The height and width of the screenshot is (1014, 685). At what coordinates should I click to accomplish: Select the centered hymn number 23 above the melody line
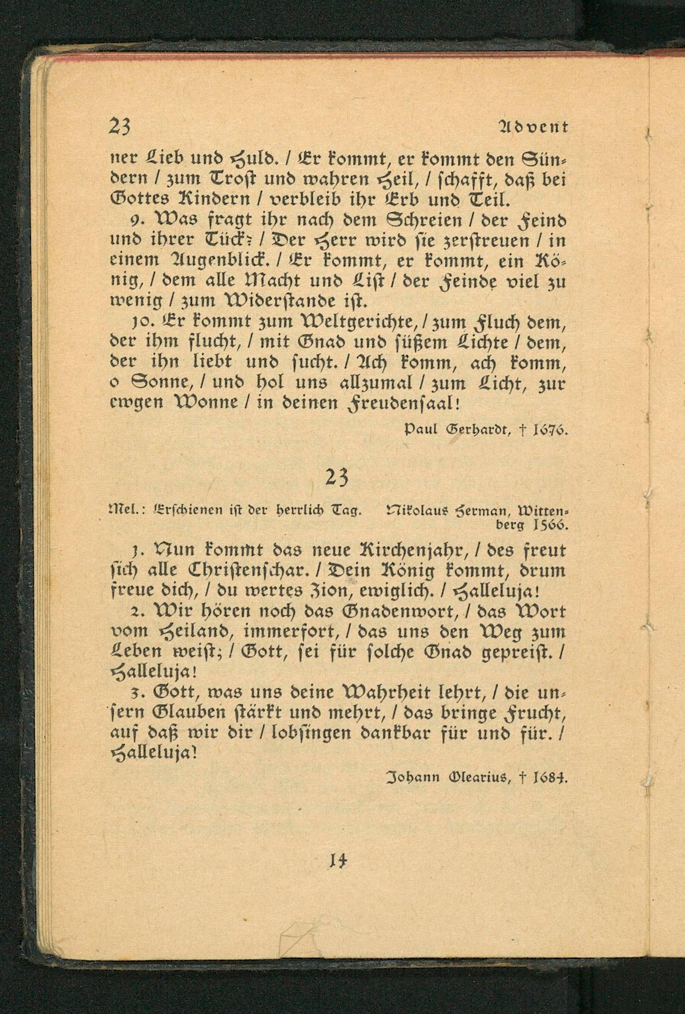pyautogui.click(x=337, y=477)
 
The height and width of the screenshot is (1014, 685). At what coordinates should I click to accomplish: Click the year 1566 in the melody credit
pyautogui.click(x=550, y=525)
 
